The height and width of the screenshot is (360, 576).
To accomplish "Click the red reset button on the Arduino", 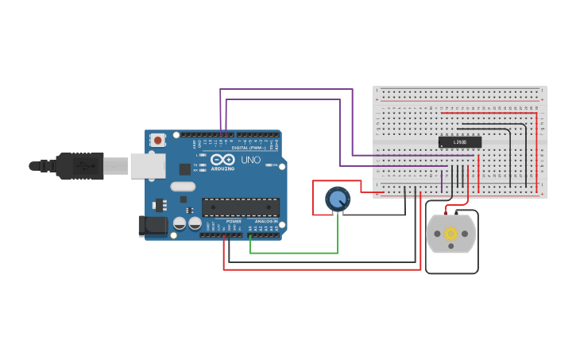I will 157,141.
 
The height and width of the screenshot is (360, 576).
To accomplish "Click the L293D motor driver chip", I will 460,142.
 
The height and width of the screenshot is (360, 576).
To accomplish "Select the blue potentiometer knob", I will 338,198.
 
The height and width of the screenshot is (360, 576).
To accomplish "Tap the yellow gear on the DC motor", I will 451,234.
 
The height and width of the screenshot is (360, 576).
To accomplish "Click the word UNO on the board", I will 250,160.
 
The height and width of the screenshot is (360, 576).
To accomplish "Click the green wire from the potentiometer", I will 294,253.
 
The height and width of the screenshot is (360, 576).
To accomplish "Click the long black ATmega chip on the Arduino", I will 240,207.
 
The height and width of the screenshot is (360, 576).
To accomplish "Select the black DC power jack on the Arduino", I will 153,226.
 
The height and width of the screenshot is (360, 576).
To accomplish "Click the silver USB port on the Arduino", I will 148,165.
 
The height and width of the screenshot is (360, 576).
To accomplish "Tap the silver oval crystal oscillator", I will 182,187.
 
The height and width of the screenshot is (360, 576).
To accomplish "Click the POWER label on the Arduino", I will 234,221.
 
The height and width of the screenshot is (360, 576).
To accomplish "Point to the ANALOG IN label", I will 266,221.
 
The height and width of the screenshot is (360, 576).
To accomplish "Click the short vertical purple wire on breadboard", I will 442,181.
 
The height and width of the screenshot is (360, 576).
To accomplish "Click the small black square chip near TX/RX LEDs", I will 185,168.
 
